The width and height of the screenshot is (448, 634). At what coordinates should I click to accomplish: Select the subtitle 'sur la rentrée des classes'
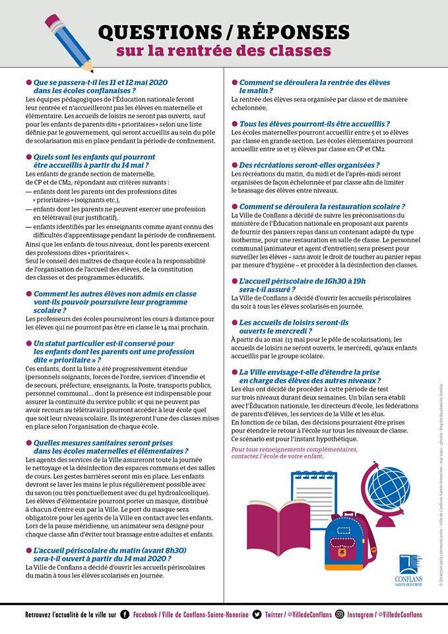224,51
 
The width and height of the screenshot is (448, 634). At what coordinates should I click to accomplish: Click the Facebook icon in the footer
125,614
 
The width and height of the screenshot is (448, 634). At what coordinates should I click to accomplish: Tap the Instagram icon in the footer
339,614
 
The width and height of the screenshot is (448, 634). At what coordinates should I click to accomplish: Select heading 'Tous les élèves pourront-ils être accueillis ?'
313,123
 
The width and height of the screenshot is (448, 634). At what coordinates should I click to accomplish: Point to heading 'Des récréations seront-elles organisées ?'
309,165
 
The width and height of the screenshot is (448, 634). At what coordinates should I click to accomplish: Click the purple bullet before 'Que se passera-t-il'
28,82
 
